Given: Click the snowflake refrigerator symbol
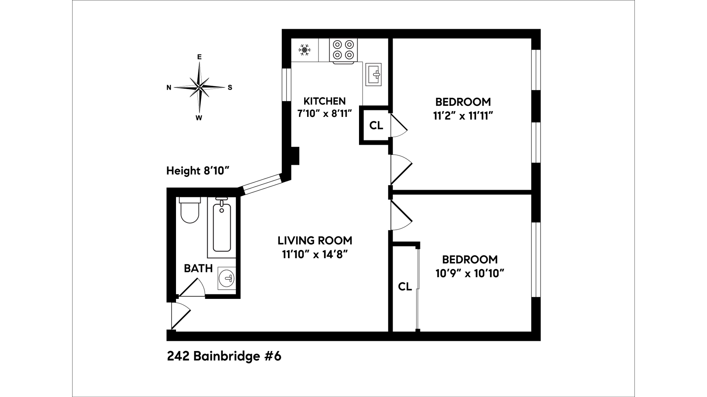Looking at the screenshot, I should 305,50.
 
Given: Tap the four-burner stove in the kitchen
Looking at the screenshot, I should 343,50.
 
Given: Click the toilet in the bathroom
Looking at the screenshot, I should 190,211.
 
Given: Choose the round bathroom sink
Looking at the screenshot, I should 226,278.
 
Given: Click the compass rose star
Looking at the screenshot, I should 199,87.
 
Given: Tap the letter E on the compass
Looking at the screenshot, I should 199,57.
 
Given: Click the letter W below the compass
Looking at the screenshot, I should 199,118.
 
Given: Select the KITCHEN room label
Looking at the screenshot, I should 324,101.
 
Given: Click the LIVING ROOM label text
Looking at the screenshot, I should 315,241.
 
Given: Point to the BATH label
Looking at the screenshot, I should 198,269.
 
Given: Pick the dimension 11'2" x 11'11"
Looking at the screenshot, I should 463,116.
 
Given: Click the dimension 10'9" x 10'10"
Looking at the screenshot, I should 469,274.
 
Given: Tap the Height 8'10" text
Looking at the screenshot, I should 198,171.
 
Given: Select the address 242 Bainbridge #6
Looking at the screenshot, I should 224,357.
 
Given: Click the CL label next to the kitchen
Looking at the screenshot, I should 376,126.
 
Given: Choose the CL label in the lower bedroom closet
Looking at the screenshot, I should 405,287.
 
